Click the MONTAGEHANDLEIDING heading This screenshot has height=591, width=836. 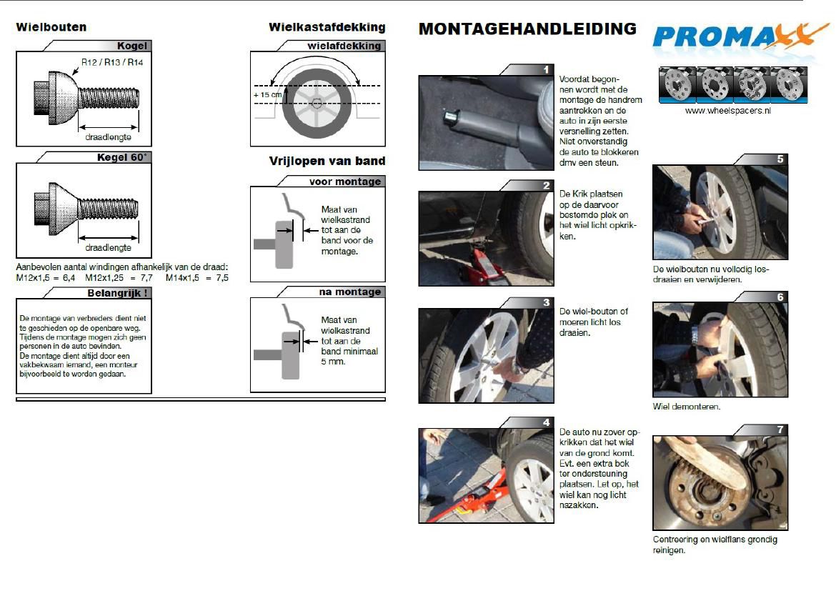coord(527,29)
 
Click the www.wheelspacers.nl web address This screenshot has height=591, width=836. coord(728,111)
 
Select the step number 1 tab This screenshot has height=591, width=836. coord(546,69)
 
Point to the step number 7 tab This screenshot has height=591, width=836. coord(780,429)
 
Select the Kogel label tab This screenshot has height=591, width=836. coord(131,46)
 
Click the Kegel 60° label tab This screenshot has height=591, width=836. coord(123,157)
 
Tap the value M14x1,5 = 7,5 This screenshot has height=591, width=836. coord(197,277)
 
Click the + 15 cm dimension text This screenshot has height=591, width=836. coord(267,94)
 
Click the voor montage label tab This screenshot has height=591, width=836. coord(344,182)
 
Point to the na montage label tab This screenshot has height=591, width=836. coord(349,292)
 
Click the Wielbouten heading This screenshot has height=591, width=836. coord(51,27)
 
